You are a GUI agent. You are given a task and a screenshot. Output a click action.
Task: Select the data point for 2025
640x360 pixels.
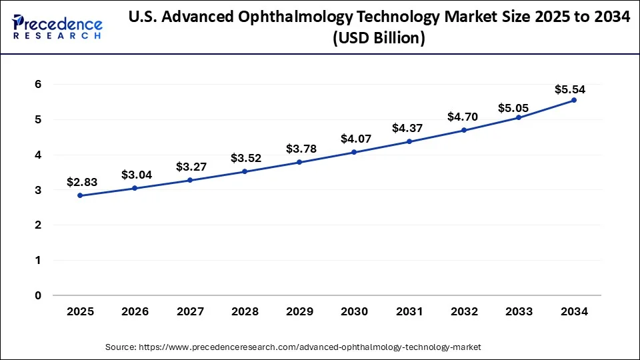(x=80, y=195)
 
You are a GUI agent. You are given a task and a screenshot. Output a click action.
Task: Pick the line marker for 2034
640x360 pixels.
(x=574, y=100)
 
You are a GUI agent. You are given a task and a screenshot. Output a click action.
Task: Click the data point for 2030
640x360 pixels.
(x=354, y=152)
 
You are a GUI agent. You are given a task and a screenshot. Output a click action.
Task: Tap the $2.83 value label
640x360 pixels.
(x=81, y=182)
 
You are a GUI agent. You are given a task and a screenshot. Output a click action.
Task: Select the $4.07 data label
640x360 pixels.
(x=354, y=139)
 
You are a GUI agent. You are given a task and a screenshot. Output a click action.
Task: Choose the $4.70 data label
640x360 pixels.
(x=463, y=117)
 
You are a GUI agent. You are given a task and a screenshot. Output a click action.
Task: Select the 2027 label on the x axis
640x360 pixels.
(x=190, y=311)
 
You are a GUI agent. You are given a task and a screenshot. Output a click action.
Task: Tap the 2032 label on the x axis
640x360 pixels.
(x=464, y=311)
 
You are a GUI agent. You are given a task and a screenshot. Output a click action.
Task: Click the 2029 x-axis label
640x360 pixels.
(x=299, y=311)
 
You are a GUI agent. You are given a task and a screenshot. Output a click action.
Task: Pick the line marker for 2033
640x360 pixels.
(x=519, y=117)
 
